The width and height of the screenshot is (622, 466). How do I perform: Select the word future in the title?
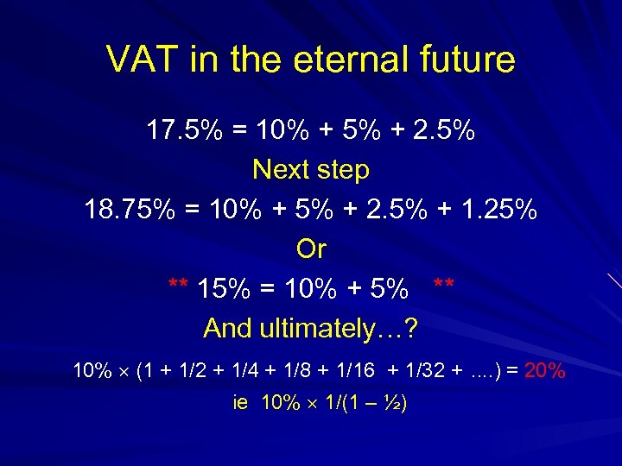pos(466,60)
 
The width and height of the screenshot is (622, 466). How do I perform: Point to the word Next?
pos(282,170)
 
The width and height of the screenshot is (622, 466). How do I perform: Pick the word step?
pos(345,170)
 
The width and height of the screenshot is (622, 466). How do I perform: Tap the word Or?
pos(311,249)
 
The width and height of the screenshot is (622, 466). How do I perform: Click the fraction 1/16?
pos(352,372)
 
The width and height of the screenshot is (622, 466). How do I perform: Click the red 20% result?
pos(545,372)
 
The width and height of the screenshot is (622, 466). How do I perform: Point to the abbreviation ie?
pos(241,403)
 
